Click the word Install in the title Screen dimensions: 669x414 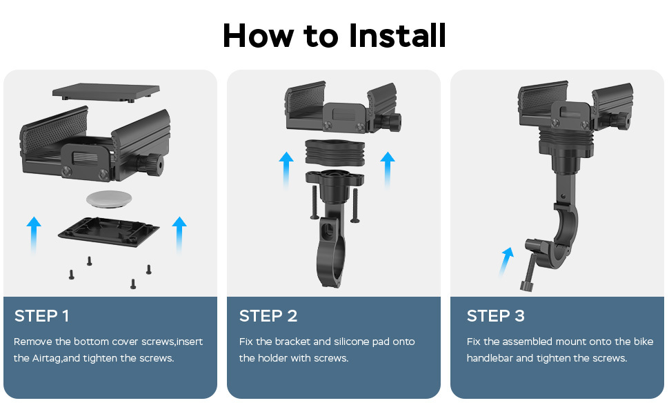pos(397,35)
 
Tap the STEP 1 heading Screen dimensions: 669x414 pos(41,316)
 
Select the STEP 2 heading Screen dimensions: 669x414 pos(268,316)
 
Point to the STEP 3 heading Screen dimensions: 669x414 pos(495,316)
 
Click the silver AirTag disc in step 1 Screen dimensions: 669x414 pos(109,199)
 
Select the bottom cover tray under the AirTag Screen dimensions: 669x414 pos(108,232)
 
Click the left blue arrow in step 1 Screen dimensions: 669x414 pos(34,235)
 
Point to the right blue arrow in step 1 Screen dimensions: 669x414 pos(179,235)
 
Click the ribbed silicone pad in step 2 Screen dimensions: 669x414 pos(335,152)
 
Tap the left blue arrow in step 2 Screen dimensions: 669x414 pos(286,170)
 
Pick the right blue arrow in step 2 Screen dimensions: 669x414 pos(388,170)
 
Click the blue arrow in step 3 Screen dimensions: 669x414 pos(506,262)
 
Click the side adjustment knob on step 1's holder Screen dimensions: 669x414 pos(150,165)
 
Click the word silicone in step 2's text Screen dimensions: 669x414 pos(351,342)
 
